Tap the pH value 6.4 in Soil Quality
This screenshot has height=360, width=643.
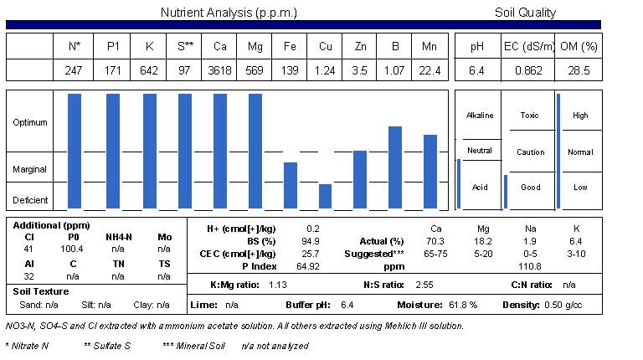click(x=477, y=70)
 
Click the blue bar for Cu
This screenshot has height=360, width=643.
click(x=326, y=196)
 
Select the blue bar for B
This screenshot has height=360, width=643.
click(x=395, y=167)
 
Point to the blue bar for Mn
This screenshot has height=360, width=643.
click(x=430, y=172)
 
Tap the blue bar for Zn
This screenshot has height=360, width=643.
click(x=360, y=179)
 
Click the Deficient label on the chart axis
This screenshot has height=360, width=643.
click(x=30, y=201)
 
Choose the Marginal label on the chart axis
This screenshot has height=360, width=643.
click(x=29, y=169)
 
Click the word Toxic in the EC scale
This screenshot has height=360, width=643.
click(x=530, y=116)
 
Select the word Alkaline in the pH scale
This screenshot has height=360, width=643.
click(x=480, y=116)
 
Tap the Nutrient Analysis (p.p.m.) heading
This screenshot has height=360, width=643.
click(x=228, y=13)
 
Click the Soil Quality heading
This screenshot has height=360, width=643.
click(x=526, y=13)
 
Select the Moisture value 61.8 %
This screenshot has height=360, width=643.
click(x=450, y=306)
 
